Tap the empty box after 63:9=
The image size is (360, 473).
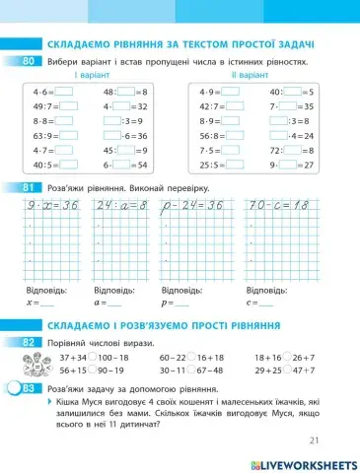(x=69, y=136)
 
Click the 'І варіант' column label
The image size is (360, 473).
(x=89, y=75)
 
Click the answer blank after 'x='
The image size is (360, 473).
(x=48, y=304)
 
